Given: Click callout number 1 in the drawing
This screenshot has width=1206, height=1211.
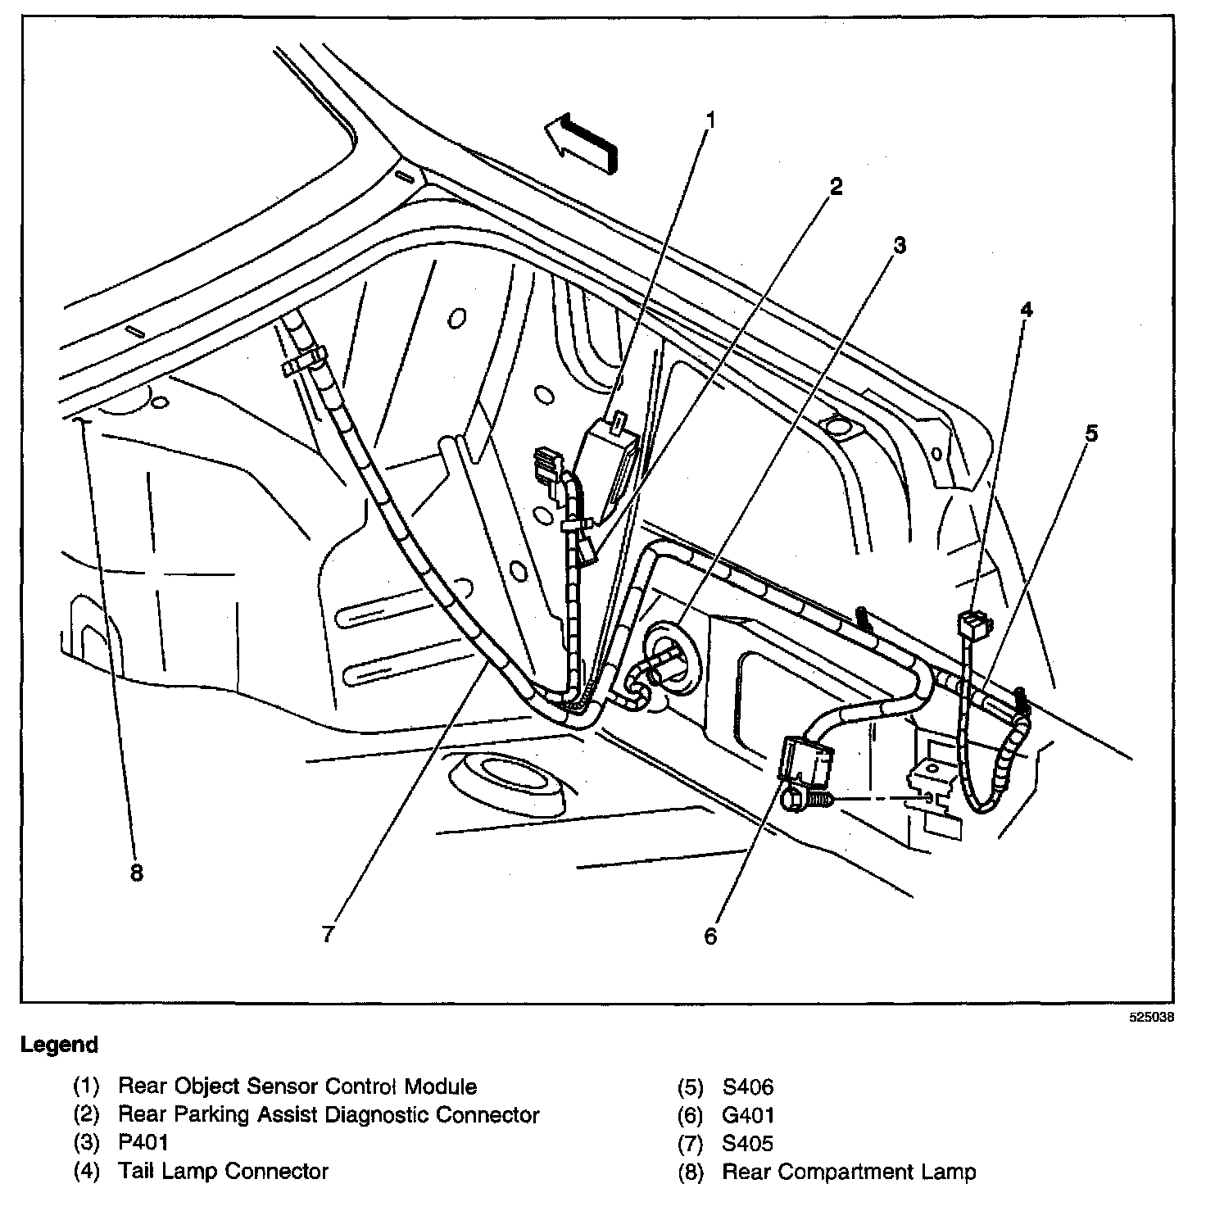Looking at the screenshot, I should click(710, 121).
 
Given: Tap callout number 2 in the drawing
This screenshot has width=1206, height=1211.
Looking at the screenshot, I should click(835, 187).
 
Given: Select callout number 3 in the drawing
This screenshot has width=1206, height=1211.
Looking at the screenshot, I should click(900, 245).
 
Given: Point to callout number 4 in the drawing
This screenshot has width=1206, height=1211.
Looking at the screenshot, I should click(1026, 309).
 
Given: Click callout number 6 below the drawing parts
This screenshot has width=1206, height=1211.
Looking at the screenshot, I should click(710, 935).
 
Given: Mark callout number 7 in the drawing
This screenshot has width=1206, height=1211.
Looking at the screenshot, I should click(327, 935).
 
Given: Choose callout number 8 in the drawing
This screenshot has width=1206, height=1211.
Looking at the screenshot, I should click(136, 873).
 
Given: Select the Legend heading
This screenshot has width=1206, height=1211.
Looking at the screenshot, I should click(59, 1045).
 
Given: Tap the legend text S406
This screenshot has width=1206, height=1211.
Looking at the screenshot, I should click(747, 1087).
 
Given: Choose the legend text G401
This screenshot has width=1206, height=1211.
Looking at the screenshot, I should click(747, 1115).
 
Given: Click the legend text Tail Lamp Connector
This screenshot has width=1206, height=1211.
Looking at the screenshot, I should click(223, 1172).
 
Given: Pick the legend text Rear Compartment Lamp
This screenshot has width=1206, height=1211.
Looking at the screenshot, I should click(849, 1172).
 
